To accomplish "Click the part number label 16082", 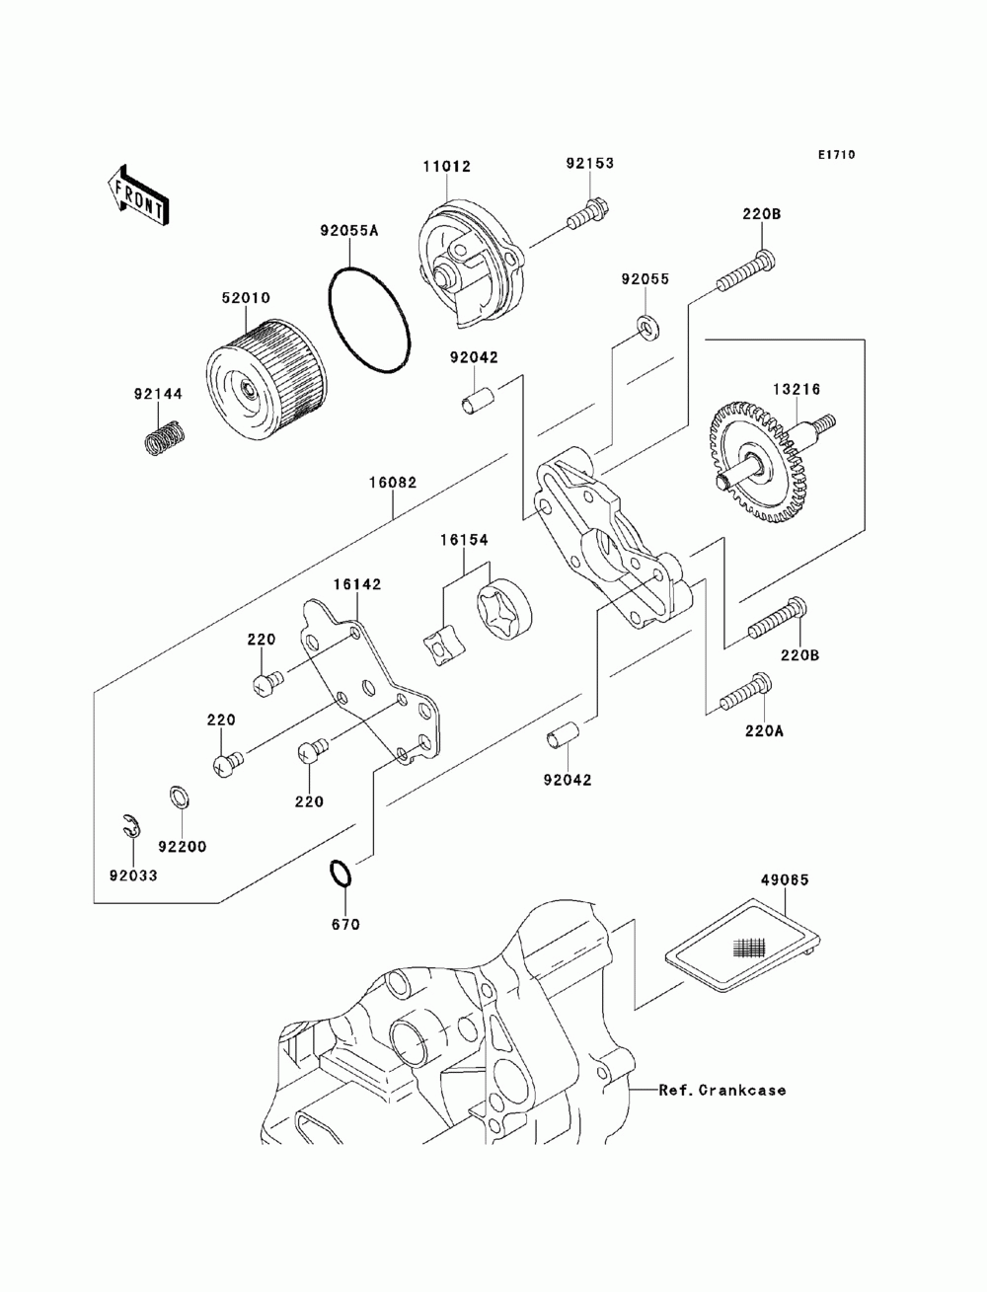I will pos(393,484).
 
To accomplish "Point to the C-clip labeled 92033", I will pos(131,829).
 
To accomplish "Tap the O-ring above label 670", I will pos(339,874).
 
